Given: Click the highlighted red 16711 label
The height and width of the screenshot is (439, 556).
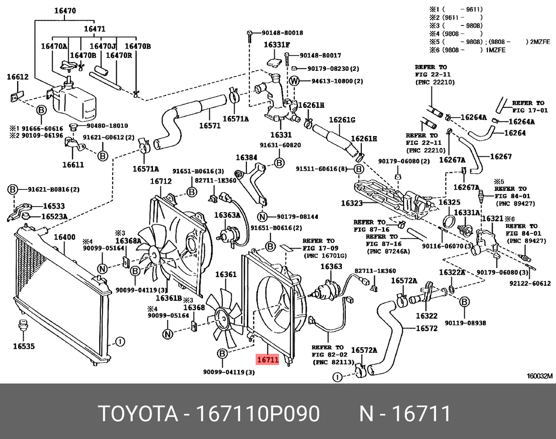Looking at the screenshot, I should [267, 359].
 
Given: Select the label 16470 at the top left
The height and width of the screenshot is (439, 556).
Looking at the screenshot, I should [64, 11].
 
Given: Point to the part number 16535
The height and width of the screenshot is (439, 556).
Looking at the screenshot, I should [24, 345].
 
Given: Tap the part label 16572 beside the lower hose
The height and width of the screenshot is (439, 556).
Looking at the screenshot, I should [427, 329].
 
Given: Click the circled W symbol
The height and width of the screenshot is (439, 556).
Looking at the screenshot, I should [293, 82].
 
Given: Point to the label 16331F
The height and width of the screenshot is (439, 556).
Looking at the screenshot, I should [277, 45].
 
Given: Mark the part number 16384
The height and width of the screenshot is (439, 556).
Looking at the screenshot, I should [246, 157].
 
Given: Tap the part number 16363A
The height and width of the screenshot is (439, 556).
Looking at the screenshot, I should [227, 215].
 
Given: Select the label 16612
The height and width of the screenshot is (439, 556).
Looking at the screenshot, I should [18, 78].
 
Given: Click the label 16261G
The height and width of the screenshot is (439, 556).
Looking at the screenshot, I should [342, 120].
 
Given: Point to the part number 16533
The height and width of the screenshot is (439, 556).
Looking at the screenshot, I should [54, 206].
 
